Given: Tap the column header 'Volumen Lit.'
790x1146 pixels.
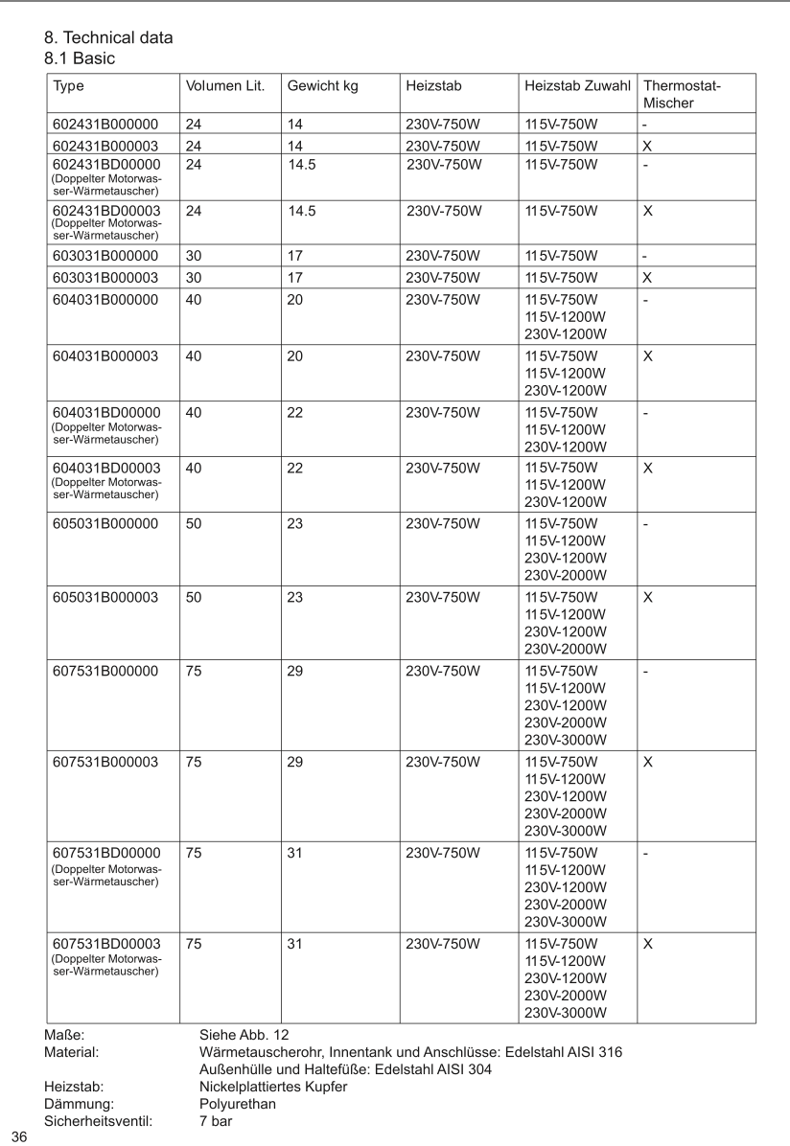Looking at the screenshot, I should pos(225,86).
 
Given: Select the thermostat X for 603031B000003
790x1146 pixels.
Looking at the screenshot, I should pos(648,278).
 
